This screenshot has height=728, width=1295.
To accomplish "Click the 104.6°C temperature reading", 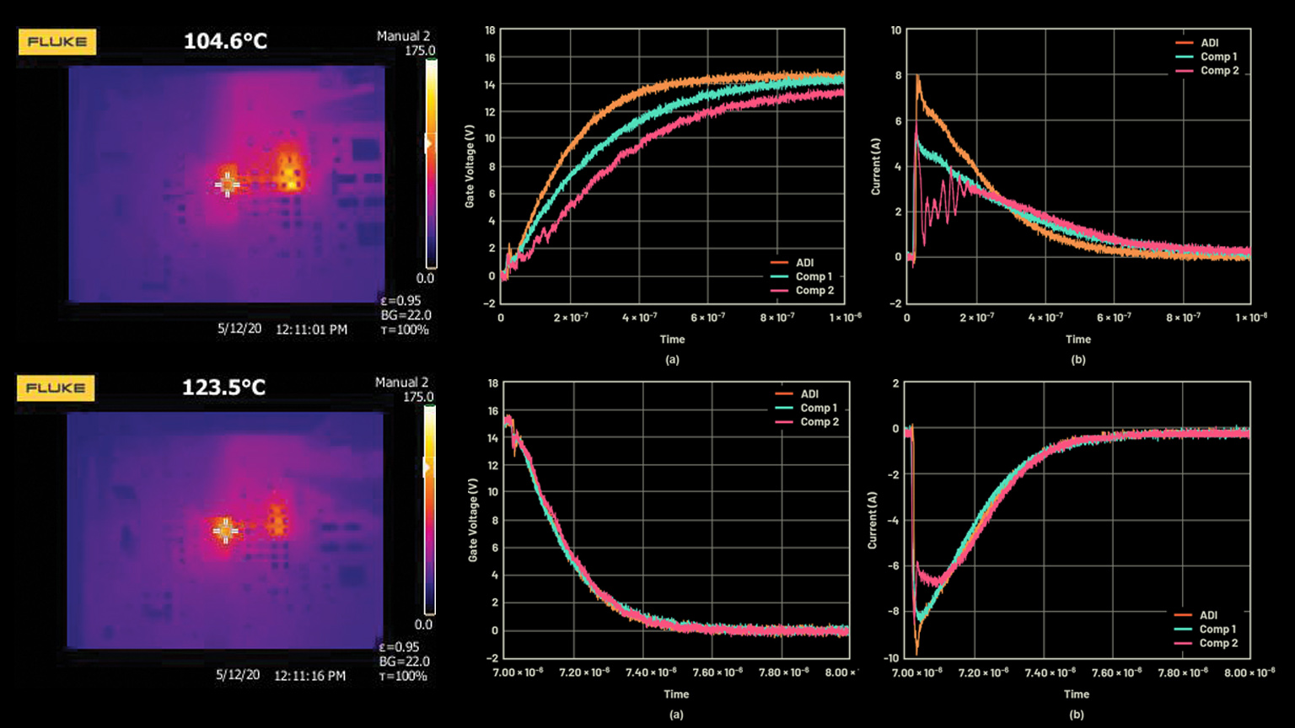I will (x=225, y=41).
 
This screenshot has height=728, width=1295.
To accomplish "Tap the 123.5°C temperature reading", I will (x=223, y=388).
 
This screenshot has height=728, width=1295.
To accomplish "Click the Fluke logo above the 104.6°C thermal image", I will (x=57, y=42).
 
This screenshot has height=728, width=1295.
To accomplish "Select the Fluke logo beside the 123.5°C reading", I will (x=56, y=388).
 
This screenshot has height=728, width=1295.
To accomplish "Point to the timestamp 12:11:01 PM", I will (x=311, y=329).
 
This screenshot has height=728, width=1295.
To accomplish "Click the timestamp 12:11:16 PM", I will (x=309, y=676).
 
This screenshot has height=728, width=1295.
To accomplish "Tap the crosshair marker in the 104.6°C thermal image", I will (x=227, y=184).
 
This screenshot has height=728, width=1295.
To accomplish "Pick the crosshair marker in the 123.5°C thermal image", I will (x=224, y=530).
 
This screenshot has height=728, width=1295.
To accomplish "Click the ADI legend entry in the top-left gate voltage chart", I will (x=804, y=263).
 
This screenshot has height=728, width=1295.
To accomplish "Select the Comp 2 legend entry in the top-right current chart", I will (x=1219, y=71).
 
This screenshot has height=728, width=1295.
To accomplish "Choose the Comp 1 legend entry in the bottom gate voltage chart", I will (x=819, y=408).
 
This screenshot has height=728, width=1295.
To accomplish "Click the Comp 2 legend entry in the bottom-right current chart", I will (x=1218, y=643).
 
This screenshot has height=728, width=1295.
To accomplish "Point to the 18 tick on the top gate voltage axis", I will (x=490, y=30).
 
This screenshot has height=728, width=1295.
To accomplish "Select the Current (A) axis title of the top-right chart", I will (x=876, y=167).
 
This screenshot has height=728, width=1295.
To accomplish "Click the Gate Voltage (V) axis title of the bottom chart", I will (x=472, y=521).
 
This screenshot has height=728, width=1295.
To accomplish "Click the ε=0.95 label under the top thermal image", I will (x=400, y=301).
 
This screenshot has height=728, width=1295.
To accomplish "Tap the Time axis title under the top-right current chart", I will (x=1077, y=340).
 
